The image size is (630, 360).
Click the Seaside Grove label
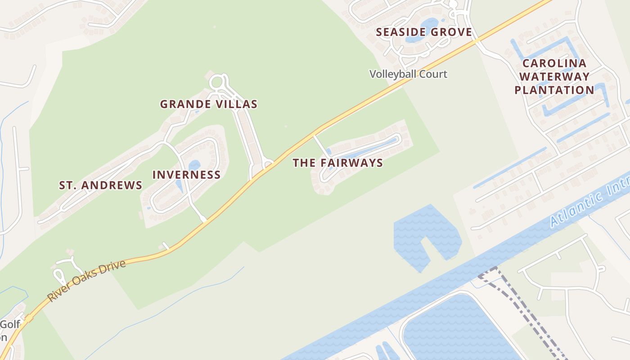[424, 32]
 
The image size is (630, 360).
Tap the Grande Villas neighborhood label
[209, 104]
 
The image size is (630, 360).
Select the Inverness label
[186, 175]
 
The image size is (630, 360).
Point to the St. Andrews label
[101, 185]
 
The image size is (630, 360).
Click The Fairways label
[337, 163]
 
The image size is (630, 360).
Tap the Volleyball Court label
[408, 74]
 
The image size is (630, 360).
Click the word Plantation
[554, 90]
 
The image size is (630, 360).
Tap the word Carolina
[554, 63]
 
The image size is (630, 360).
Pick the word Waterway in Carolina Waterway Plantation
[554, 76]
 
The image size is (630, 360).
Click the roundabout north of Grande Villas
[217, 82]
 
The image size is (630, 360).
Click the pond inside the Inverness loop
[194, 166]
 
